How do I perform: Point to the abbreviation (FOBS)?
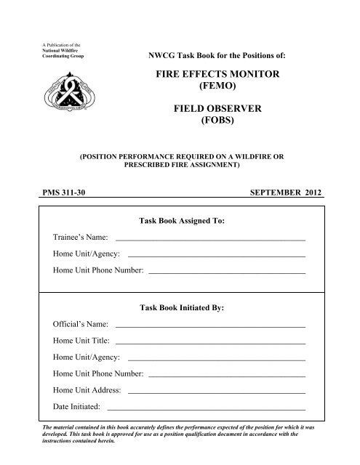click(x=230, y=128)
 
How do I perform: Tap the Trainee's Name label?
click(x=81, y=237)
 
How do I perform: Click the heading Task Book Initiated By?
click(x=181, y=308)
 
